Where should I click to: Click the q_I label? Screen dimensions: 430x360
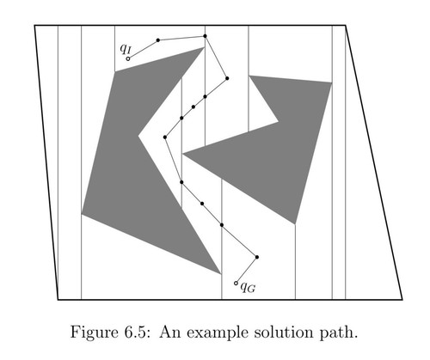point(126,49)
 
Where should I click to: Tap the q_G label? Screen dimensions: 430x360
point(248,287)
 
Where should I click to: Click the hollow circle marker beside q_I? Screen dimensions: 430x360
point(128,58)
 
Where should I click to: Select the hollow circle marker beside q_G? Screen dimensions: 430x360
point(236,283)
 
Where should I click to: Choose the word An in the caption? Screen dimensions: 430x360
point(170,333)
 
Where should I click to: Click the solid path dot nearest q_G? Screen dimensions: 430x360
point(257,257)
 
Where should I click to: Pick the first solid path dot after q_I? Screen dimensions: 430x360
point(158,40)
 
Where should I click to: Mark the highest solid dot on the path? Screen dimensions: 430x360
point(205,36)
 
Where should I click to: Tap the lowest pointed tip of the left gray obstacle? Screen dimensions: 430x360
point(221,274)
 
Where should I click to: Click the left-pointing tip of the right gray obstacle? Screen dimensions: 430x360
point(182,154)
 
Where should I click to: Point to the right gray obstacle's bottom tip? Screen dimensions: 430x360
point(295,224)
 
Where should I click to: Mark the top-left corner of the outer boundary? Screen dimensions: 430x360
point(34,26)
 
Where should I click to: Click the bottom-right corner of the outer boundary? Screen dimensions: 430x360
point(402,300)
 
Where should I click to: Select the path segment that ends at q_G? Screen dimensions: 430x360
point(247,270)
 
